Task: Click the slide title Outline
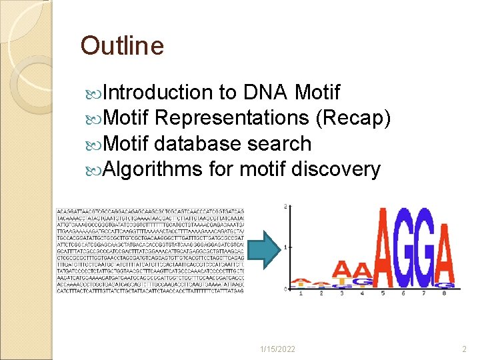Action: [x=122, y=46]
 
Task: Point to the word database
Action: [x=198, y=143]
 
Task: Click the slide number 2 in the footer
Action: [x=465, y=349]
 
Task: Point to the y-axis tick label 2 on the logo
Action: [x=286, y=207]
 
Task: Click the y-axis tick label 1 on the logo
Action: [x=286, y=247]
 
